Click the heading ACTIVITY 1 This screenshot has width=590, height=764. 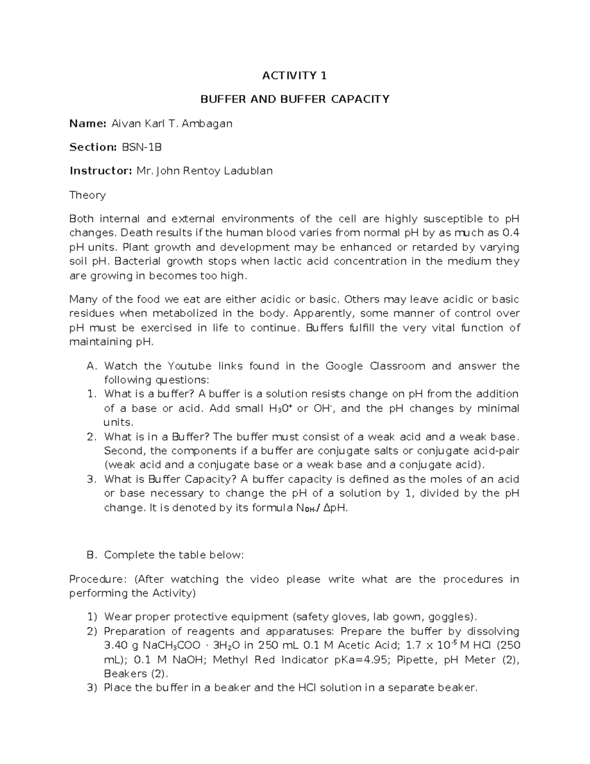click(294, 76)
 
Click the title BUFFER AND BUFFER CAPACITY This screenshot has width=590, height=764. click(294, 99)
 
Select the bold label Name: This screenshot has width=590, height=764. click(88, 123)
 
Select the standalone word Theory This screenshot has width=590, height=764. click(88, 195)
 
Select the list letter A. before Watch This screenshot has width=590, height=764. click(92, 366)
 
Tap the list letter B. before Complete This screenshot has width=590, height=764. click(92, 555)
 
